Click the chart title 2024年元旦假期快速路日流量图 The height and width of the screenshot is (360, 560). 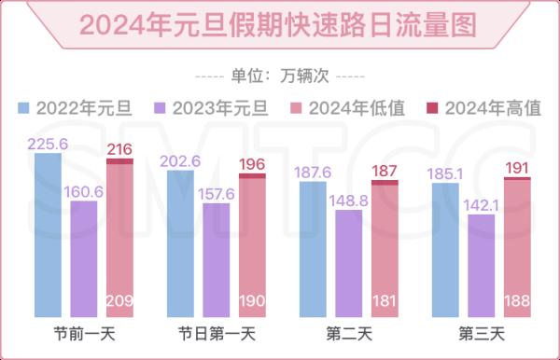pyautogui.click(x=280, y=22)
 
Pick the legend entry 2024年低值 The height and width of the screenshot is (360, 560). pyautogui.click(x=349, y=107)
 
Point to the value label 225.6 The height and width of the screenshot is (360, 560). pyautogui.click(x=49, y=144)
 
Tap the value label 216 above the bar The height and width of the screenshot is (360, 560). pyautogui.click(x=119, y=149)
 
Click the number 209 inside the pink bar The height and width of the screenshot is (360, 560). pyautogui.click(x=119, y=300)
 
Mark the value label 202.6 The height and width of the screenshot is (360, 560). pyautogui.click(x=181, y=160)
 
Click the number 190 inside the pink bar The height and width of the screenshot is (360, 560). pyautogui.click(x=252, y=300)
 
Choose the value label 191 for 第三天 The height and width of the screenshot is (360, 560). pyautogui.click(x=517, y=168)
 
